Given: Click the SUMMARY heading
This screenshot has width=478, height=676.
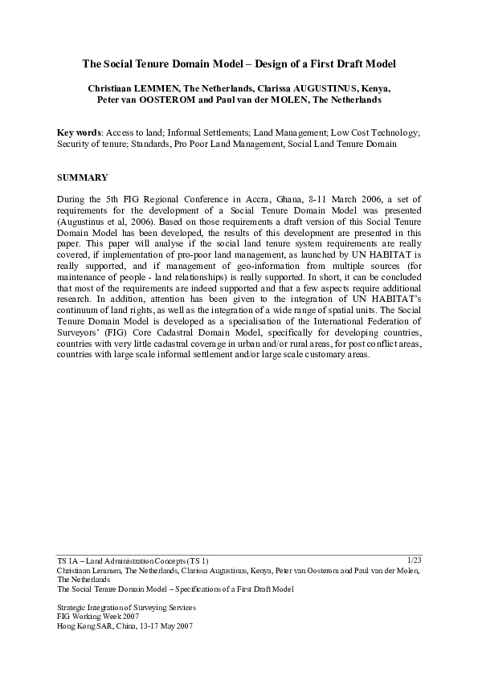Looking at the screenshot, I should (83, 176).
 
